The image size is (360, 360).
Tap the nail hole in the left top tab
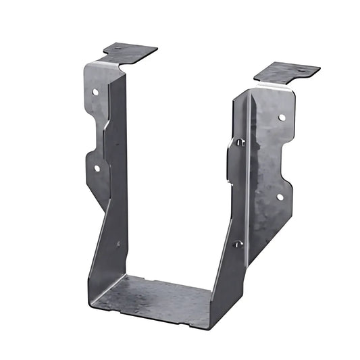coord(119,49)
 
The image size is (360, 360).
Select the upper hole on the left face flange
coord(95,91)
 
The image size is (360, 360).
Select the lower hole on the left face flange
coord(97,168)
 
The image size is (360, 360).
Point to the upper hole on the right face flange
coord(282,117)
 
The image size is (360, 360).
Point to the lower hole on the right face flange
coord(279,197)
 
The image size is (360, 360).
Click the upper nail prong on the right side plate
coord(239,142)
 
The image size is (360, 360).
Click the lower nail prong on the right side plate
coord(238,244)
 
